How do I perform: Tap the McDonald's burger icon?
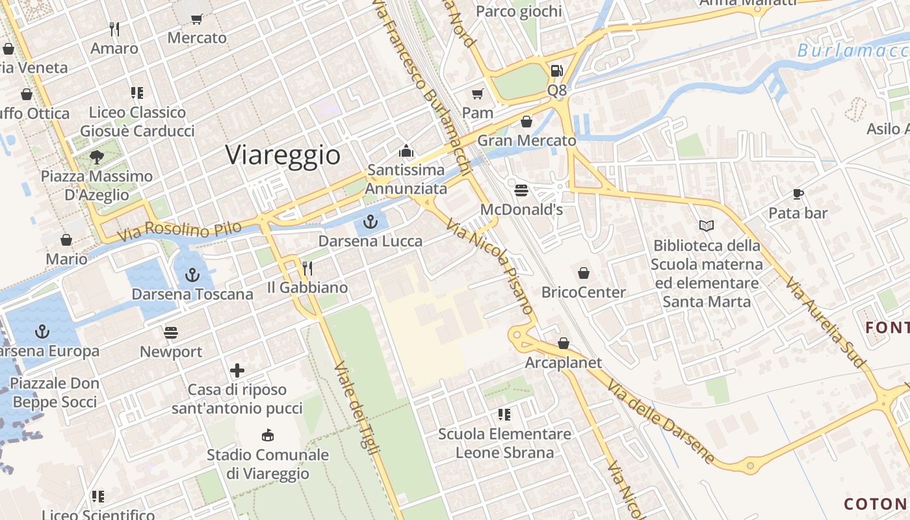click(x=521, y=190)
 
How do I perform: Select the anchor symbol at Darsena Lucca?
click(x=370, y=222)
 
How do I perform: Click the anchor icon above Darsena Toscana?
click(x=192, y=275)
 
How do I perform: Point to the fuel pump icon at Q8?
click(x=556, y=70)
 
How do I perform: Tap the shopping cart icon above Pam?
click(x=478, y=94)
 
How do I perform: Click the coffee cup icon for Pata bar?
click(x=798, y=194)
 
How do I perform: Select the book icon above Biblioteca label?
click(x=707, y=226)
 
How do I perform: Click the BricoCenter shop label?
click(x=583, y=292)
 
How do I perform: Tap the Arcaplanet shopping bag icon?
click(x=564, y=343)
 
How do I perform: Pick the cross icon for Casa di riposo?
click(x=237, y=370)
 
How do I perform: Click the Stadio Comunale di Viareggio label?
click(x=268, y=464)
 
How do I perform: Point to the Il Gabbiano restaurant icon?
click(x=307, y=268)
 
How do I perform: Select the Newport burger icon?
click(x=171, y=333)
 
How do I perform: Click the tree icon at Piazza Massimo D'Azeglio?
click(x=97, y=157)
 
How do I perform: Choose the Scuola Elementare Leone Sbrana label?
click(x=504, y=443)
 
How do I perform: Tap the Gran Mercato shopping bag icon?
click(x=526, y=122)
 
